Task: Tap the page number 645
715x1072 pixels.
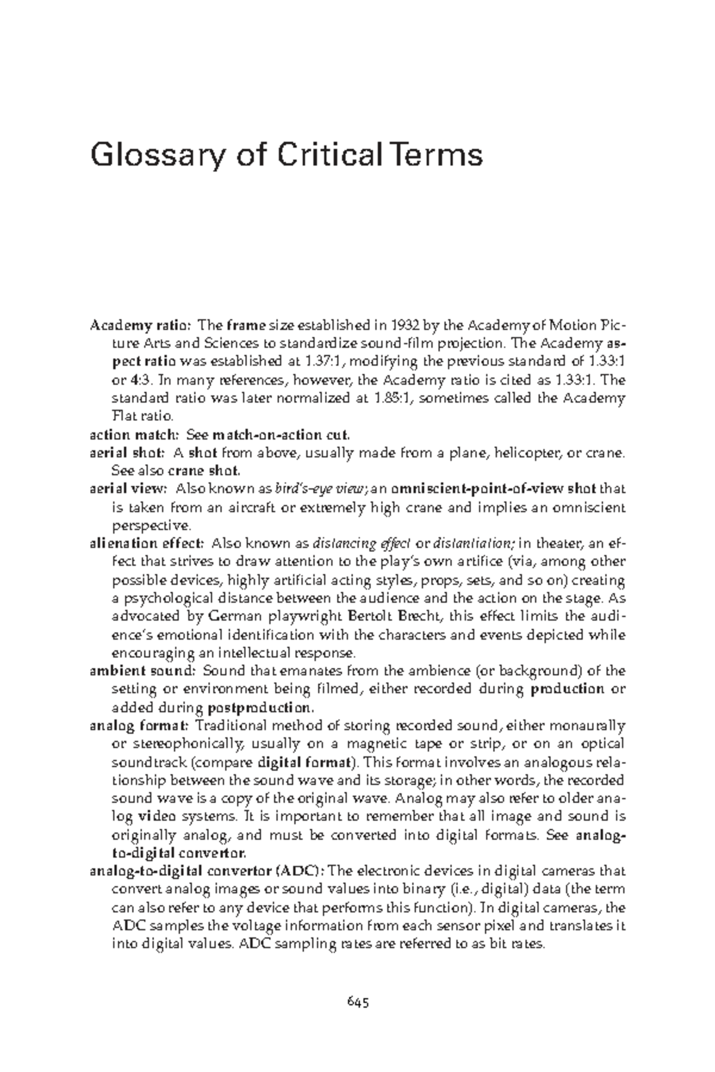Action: point(358,1002)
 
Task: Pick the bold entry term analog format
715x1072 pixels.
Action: point(139,725)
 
